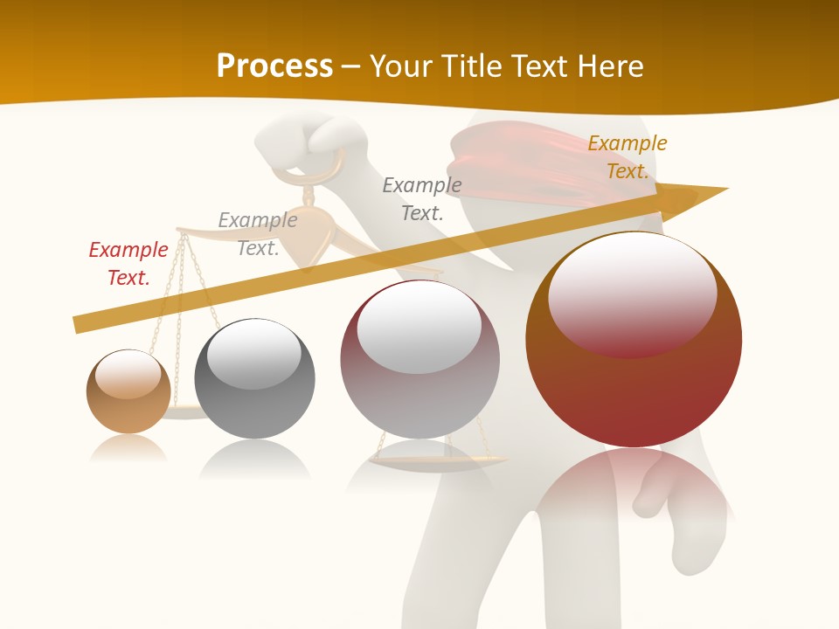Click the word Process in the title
(274, 66)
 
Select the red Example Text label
(128, 264)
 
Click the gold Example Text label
(627, 157)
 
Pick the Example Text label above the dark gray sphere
(257, 234)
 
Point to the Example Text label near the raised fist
(422, 198)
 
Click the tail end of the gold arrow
(79, 324)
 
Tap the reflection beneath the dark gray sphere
(254, 459)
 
